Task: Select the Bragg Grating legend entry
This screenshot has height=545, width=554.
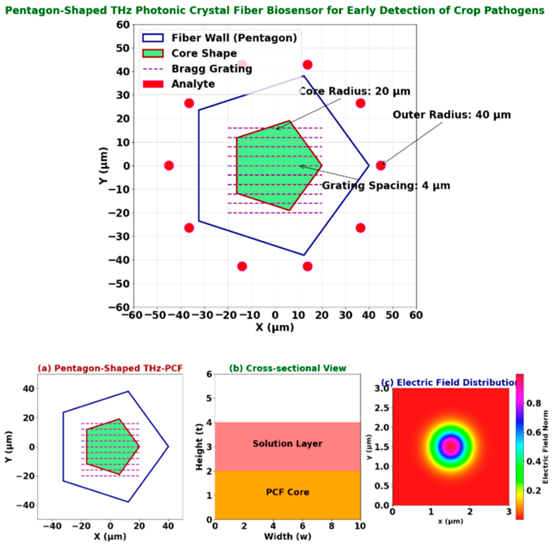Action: (x=212, y=69)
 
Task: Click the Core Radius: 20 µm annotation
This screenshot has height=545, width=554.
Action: (x=355, y=91)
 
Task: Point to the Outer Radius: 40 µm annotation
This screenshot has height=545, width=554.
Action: (x=451, y=115)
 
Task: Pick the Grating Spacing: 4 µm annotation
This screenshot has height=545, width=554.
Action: (x=386, y=186)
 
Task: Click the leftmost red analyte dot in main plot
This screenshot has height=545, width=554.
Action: (x=169, y=165)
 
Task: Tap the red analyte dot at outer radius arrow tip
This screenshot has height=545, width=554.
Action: (x=380, y=165)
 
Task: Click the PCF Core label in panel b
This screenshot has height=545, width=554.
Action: (x=287, y=492)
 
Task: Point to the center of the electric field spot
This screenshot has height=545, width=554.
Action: (x=451, y=447)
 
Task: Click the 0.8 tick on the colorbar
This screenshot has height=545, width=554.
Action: (x=534, y=403)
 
